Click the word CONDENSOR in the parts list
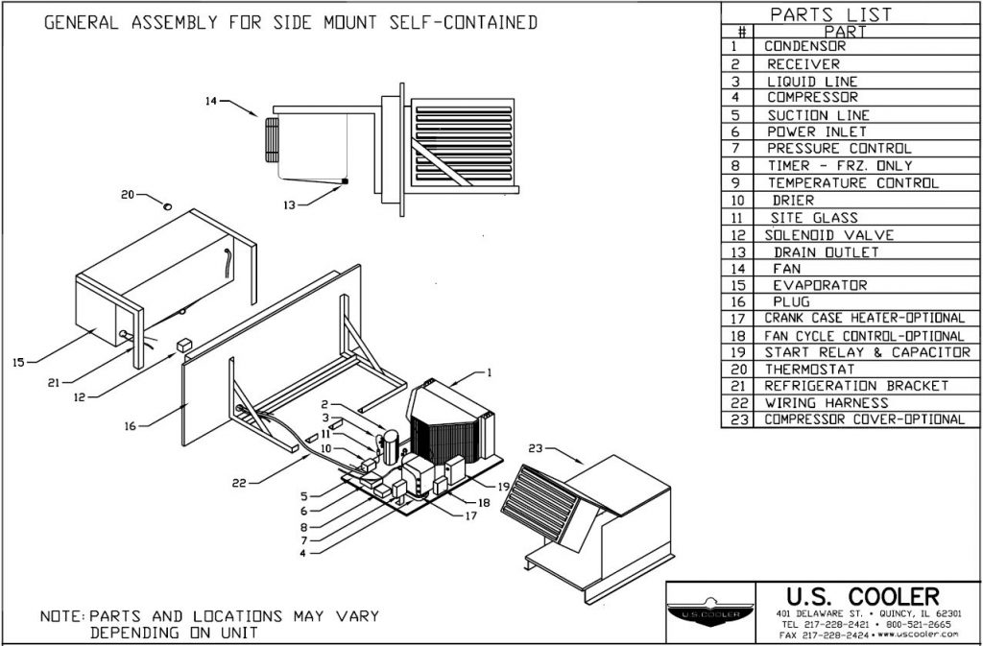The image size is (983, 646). click(x=804, y=46)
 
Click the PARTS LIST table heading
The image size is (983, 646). click(x=830, y=14)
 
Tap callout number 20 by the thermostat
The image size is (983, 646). click(x=129, y=195)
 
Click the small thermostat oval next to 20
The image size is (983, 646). click(x=168, y=204)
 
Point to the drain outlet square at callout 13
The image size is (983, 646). click(x=346, y=181)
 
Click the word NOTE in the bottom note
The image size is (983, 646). click(x=61, y=616)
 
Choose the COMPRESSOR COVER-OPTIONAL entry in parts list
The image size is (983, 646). click(x=864, y=419)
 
